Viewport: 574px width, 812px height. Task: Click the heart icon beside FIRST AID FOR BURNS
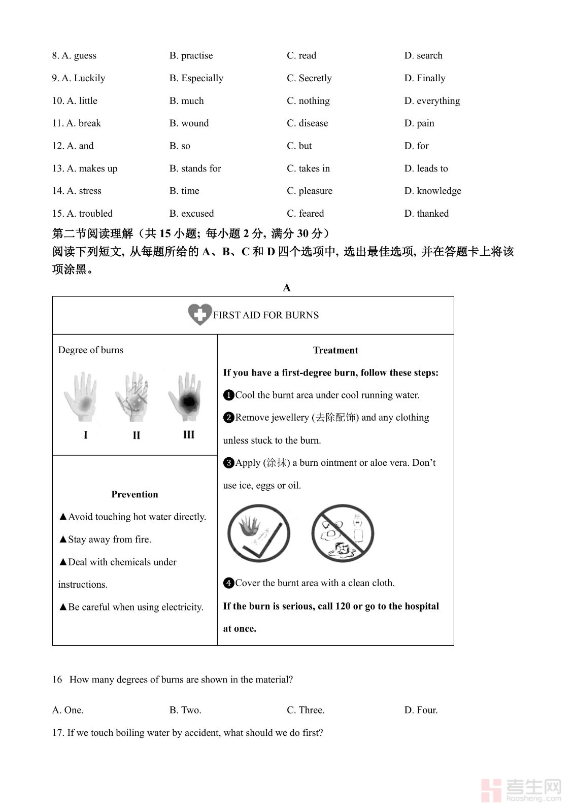(199, 315)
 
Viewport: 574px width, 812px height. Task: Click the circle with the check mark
(259, 533)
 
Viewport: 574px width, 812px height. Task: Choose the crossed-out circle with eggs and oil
(343, 533)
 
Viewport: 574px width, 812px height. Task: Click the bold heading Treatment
(335, 350)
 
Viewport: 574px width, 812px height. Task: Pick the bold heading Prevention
(134, 494)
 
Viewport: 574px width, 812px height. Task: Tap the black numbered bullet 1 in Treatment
(228, 395)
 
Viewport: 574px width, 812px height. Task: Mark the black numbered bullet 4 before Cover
(228, 583)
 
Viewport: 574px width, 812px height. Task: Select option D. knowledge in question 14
(432, 191)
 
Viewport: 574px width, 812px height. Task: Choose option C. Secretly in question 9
(309, 78)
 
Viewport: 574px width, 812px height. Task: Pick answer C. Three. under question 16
(306, 710)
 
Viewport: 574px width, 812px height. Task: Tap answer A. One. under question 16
(68, 710)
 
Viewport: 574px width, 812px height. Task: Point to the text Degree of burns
(91, 350)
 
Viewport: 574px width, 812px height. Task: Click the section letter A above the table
(287, 288)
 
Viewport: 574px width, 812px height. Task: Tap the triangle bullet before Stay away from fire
(63, 539)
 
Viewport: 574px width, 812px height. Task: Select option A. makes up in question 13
(85, 168)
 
